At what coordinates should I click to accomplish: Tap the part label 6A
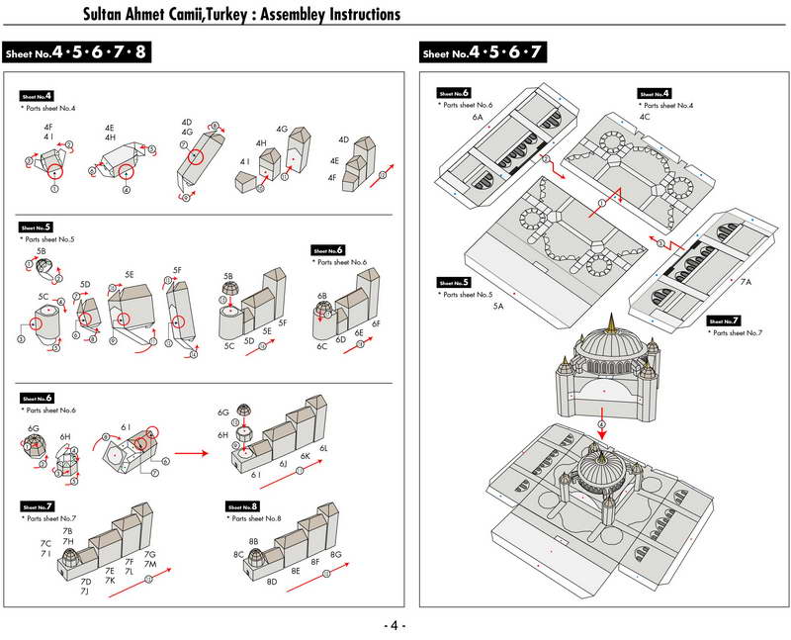click(478, 117)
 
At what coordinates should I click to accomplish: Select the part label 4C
click(645, 117)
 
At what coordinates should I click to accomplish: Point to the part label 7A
click(746, 282)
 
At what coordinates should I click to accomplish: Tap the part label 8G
click(336, 555)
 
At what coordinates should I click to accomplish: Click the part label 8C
click(239, 555)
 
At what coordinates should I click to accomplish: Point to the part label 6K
click(306, 456)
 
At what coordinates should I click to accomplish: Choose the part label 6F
click(376, 323)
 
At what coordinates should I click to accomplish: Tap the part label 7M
click(150, 565)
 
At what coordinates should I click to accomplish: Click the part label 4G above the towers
click(282, 129)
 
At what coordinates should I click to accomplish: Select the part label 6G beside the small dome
click(223, 411)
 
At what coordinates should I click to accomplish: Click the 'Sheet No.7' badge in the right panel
click(723, 320)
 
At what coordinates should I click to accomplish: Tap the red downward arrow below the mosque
click(601, 427)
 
